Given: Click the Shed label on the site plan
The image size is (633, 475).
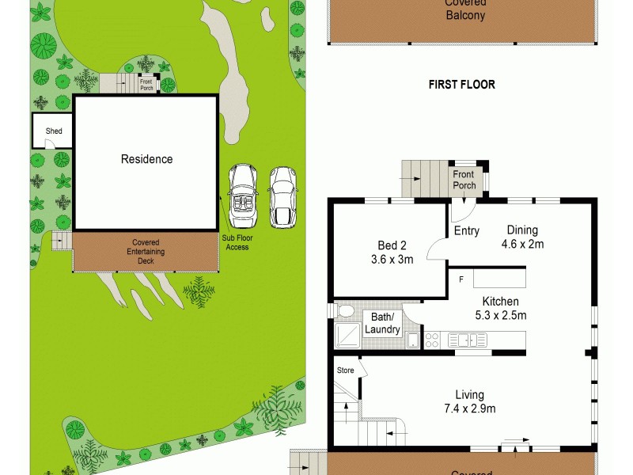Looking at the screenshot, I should (x=54, y=131).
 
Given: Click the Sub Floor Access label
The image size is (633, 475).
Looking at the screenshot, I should (x=237, y=242).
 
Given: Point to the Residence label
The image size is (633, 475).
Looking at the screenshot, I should (x=146, y=159).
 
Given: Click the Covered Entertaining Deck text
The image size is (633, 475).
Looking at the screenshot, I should (x=146, y=251).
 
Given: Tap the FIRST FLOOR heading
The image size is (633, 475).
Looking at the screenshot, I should (x=461, y=85).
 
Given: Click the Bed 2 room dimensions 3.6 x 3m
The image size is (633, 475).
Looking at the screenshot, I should (x=392, y=259).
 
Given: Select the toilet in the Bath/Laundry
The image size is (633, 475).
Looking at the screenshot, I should (x=344, y=310).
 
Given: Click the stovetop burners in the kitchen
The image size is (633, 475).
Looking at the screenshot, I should (x=432, y=340).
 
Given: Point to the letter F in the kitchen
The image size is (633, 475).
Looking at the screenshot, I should (x=460, y=279).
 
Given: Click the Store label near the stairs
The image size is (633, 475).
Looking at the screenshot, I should (x=346, y=370).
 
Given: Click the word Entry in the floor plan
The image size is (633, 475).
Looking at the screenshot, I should (x=467, y=230).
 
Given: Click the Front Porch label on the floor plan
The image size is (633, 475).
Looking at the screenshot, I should (x=464, y=180).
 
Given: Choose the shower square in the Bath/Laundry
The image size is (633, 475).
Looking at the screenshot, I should (x=346, y=336).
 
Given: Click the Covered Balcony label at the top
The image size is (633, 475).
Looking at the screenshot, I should (x=464, y=9).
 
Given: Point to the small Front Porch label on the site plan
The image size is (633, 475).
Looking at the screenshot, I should (x=146, y=85).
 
